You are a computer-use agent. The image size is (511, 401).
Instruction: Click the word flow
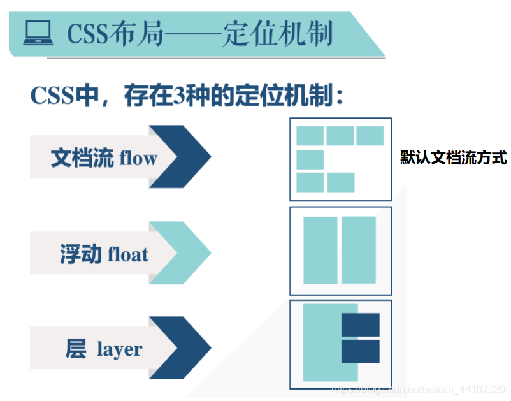tap(138, 158)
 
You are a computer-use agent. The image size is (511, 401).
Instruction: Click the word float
tap(128, 255)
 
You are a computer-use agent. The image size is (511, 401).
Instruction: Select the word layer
tap(119, 350)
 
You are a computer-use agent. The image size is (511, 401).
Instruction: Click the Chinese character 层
tap(76, 349)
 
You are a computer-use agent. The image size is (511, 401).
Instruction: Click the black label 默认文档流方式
tap(453, 157)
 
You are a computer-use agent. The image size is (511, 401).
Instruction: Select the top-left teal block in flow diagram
tap(310, 136)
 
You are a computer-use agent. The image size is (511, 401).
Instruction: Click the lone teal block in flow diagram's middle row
tap(310, 159)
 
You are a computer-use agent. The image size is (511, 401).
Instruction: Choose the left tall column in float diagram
tap(320, 251)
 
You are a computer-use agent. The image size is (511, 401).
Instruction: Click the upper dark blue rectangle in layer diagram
tap(361, 324)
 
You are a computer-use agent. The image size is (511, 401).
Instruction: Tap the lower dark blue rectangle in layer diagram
tap(361, 351)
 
